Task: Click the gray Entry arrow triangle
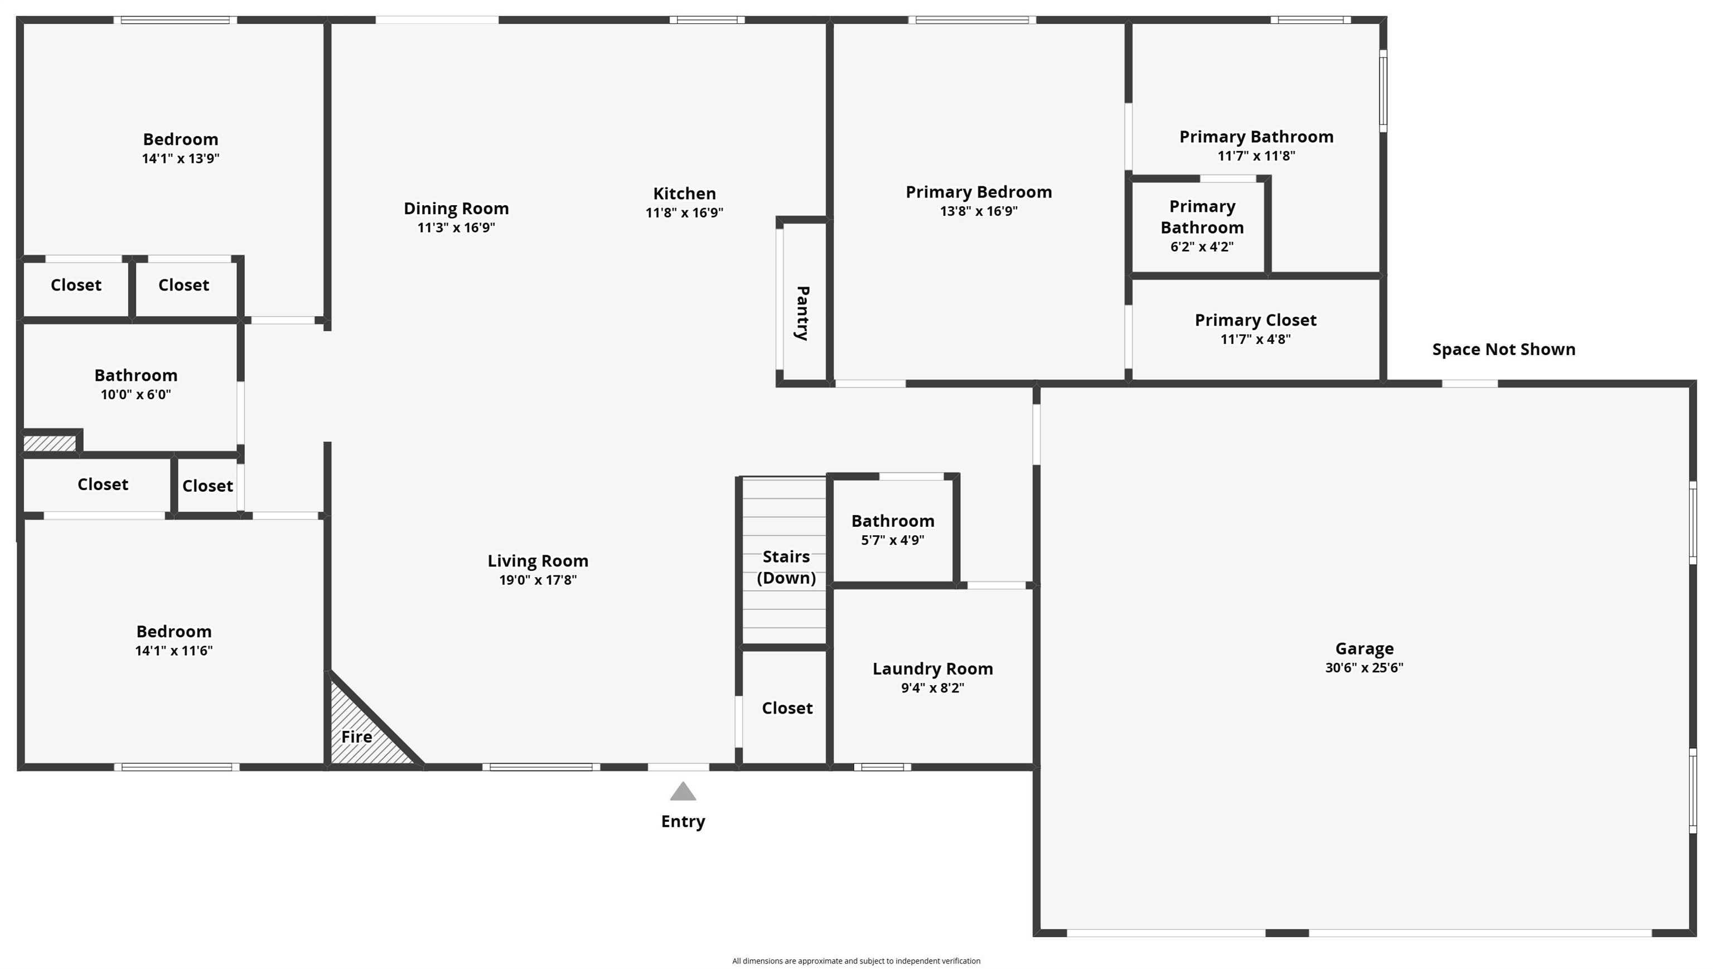pyautogui.click(x=683, y=792)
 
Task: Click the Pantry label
pyautogui.click(x=802, y=313)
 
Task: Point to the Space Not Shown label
pyautogui.click(x=1503, y=350)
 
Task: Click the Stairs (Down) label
pyautogui.click(x=786, y=567)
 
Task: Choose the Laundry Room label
pyautogui.click(x=932, y=669)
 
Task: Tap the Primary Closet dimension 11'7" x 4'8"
pyautogui.click(x=1255, y=340)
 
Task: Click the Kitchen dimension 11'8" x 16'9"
pyautogui.click(x=684, y=213)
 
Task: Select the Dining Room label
pyautogui.click(x=456, y=209)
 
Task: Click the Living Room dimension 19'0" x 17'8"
pyautogui.click(x=538, y=580)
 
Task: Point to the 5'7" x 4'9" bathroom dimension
pyautogui.click(x=892, y=540)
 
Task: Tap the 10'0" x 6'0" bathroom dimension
pyautogui.click(x=136, y=395)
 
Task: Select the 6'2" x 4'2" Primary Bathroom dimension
pyautogui.click(x=1202, y=247)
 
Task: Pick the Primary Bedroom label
pyautogui.click(x=978, y=192)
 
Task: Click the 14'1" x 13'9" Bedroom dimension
pyautogui.click(x=180, y=158)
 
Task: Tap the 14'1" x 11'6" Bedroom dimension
pyautogui.click(x=173, y=651)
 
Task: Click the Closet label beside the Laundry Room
pyautogui.click(x=787, y=708)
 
